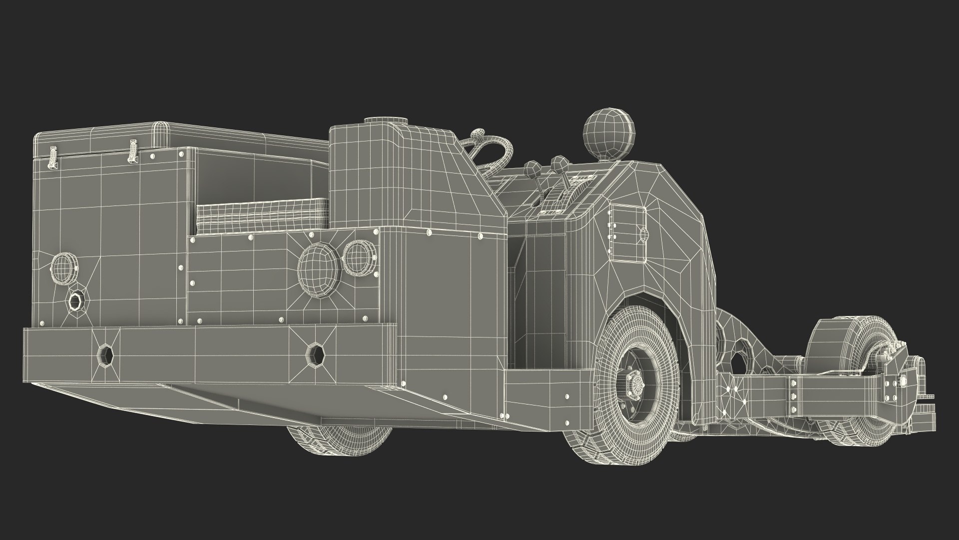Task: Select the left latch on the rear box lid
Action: [52, 157]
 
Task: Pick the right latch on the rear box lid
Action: [132, 150]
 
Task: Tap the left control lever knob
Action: [532, 167]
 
